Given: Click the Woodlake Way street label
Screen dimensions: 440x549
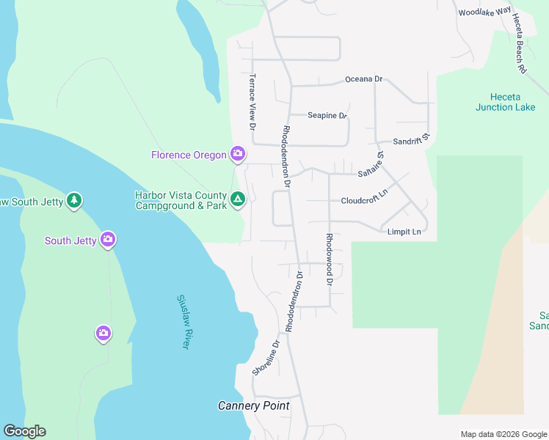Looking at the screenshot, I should point(484,12).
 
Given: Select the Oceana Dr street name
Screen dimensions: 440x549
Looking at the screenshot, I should point(364,79).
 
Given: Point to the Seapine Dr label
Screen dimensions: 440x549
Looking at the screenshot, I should point(327,116).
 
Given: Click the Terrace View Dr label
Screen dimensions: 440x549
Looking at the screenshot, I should point(252,102).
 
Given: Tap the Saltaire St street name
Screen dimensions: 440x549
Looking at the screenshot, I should point(371,165).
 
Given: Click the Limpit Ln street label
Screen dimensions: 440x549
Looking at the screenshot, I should point(404,232).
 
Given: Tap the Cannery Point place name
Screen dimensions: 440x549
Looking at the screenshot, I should point(254,406).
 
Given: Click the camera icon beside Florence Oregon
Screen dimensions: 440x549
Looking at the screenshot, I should point(237,154).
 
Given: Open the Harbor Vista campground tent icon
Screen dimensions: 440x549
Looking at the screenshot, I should point(238,199).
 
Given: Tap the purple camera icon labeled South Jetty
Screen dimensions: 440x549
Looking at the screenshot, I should point(108,240).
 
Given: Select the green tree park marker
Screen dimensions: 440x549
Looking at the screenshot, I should point(73,200).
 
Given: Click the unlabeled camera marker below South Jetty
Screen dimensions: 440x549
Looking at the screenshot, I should point(103,334).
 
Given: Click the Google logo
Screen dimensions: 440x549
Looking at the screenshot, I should point(24,431).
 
